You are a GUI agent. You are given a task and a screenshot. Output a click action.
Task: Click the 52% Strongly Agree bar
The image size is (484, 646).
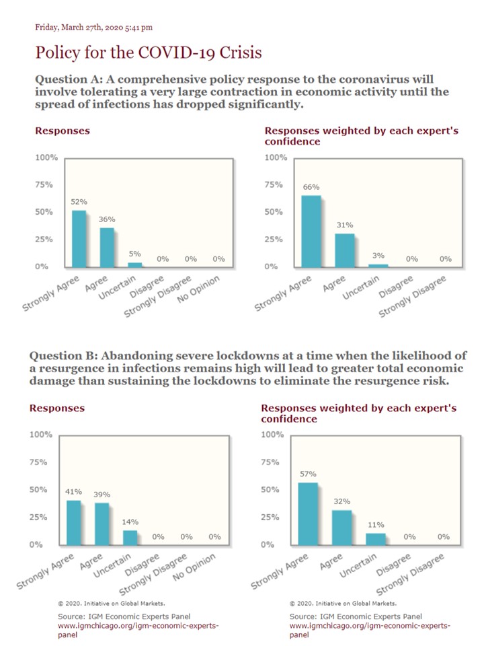click(x=79, y=239)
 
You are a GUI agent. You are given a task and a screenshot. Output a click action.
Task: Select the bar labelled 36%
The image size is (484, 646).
click(x=107, y=248)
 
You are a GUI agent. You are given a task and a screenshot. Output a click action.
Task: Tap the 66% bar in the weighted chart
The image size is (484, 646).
click(x=311, y=231)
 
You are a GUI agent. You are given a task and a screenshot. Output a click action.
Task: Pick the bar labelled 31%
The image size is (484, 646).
click(x=344, y=250)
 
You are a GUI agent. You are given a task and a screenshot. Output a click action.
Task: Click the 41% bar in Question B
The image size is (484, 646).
click(x=74, y=523)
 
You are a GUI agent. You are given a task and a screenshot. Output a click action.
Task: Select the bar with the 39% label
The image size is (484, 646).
click(x=102, y=524)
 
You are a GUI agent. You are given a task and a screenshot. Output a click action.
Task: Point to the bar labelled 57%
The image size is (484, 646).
click(x=309, y=514)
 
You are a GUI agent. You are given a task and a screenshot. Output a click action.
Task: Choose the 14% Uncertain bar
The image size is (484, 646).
click(x=130, y=538)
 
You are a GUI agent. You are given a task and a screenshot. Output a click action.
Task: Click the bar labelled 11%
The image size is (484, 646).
click(x=376, y=539)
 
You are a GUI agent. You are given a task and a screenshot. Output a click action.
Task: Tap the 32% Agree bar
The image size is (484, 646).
click(x=342, y=528)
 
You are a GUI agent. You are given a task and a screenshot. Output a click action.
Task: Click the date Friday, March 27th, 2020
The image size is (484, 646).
click(x=79, y=28)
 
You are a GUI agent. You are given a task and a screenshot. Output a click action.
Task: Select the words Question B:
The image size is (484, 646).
click(x=63, y=355)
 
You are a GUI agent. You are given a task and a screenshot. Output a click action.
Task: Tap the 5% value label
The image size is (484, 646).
click(x=134, y=254)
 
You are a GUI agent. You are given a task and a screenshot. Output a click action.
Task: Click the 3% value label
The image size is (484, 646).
click(x=378, y=256)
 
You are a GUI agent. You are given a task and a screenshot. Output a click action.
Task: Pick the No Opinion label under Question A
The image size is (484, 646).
click(x=198, y=289)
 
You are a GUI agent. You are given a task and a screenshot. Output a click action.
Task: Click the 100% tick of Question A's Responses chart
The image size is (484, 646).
click(x=46, y=157)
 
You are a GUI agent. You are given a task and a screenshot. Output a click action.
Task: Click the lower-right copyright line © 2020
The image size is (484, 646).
click(x=344, y=603)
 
